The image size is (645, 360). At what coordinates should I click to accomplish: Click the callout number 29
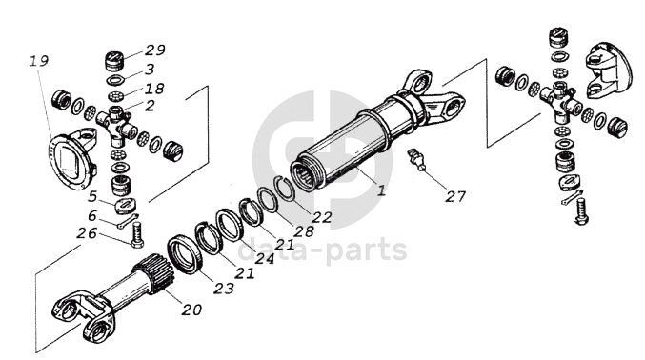click(155, 50)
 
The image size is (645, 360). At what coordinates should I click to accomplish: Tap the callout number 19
click(39, 61)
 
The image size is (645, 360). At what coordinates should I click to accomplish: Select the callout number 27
click(455, 196)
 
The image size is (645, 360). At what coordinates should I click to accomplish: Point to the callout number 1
click(382, 190)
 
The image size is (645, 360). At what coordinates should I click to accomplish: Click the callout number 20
click(192, 310)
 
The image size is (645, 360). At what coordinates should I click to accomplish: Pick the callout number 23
click(224, 288)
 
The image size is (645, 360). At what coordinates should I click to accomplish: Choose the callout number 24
click(265, 258)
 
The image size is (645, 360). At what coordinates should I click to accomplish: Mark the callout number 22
click(321, 217)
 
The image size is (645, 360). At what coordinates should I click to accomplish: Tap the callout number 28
click(304, 231)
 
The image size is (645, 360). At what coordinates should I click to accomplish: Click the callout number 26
click(87, 233)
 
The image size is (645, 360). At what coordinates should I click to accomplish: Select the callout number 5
click(92, 196)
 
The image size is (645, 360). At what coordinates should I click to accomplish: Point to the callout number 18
click(153, 89)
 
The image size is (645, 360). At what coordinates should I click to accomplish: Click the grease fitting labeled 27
click(415, 159)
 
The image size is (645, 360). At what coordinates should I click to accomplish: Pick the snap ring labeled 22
click(285, 188)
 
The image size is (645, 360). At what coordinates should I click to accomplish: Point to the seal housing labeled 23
click(185, 254)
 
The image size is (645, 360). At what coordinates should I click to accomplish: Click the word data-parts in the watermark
click(322, 250)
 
